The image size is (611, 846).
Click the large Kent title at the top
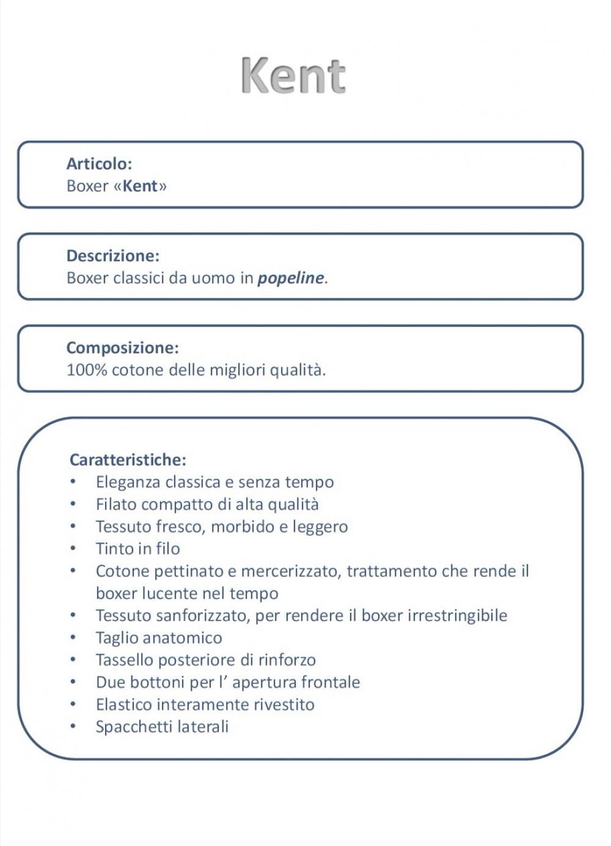point(294,76)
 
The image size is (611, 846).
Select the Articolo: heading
point(99,164)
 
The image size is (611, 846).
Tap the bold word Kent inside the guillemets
point(141,186)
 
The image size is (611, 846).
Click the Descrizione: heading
point(112,256)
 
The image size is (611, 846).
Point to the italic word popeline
point(290,278)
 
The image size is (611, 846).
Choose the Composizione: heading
point(122,347)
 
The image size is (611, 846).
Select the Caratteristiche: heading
point(128,459)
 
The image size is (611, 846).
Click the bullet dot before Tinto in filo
point(73,548)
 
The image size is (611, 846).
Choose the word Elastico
point(123,705)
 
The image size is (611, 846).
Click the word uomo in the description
point(213,278)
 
